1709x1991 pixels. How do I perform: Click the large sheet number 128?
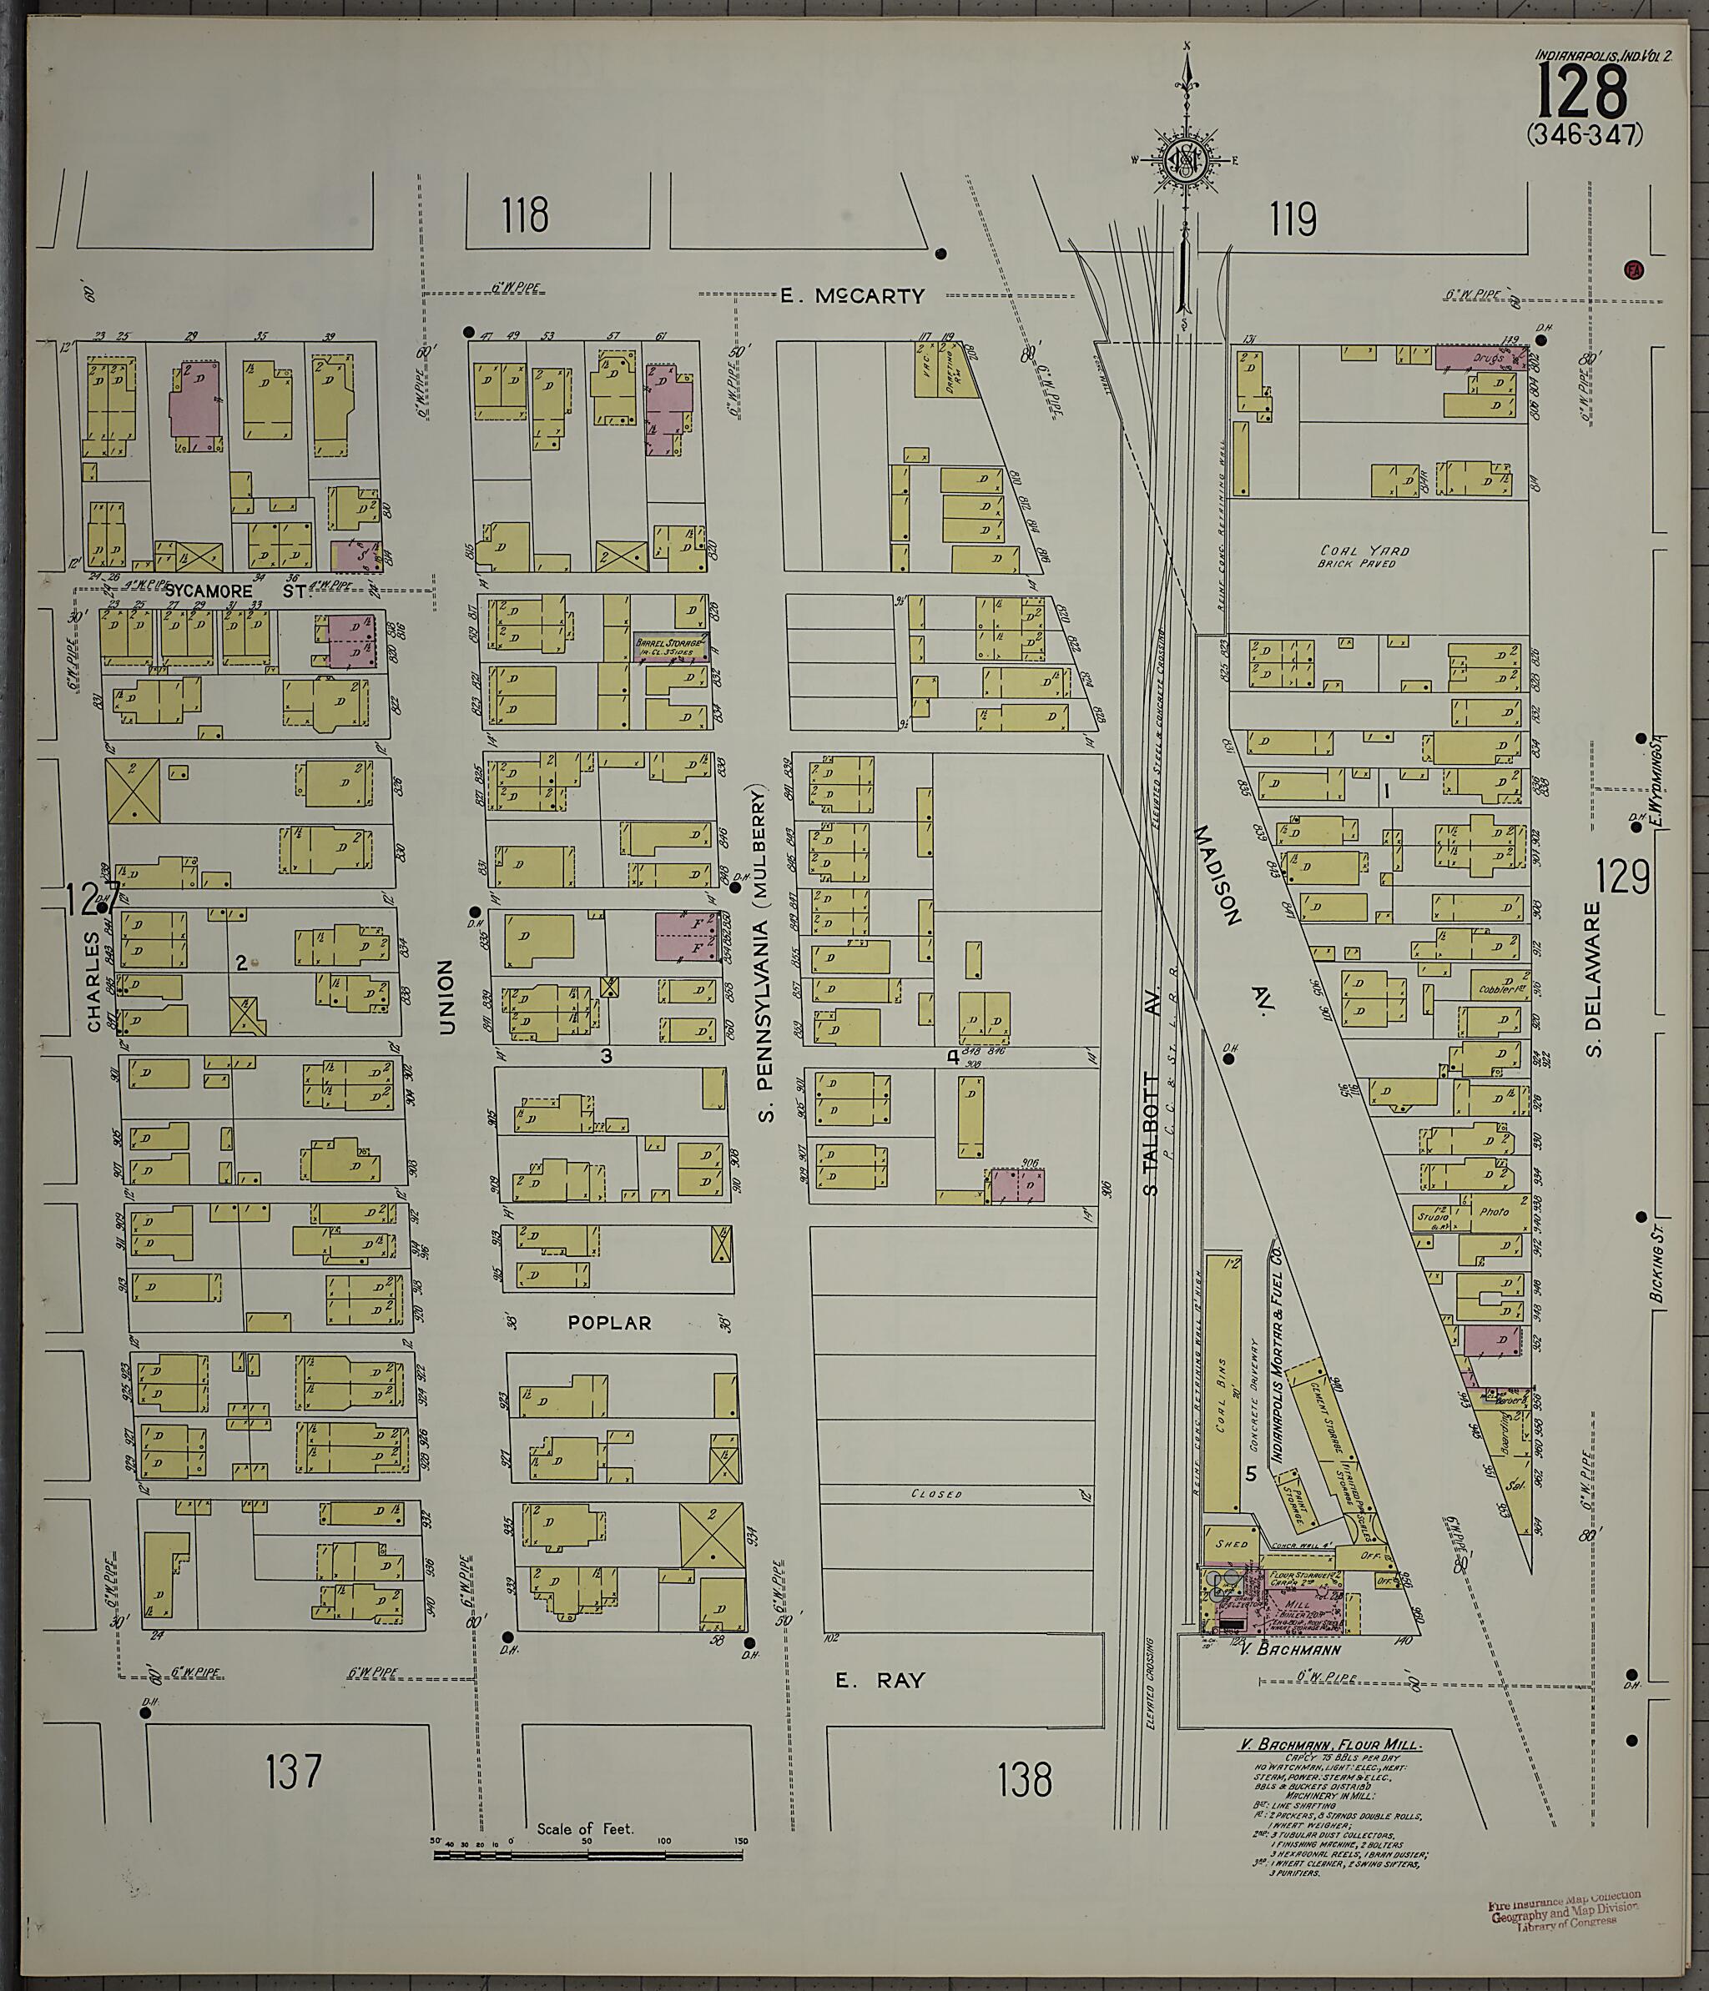pos(1582,90)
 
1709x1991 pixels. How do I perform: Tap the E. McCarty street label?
pos(852,297)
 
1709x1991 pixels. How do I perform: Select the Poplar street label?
pos(609,1323)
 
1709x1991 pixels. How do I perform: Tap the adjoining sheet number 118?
pos(524,215)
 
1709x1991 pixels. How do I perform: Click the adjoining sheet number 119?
pos(1292,220)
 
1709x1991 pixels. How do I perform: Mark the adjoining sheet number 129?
pos(1623,877)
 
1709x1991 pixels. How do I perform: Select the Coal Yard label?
pos(1364,551)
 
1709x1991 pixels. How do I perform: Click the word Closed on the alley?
pos(936,1494)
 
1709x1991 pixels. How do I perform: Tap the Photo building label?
pos(1494,1213)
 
